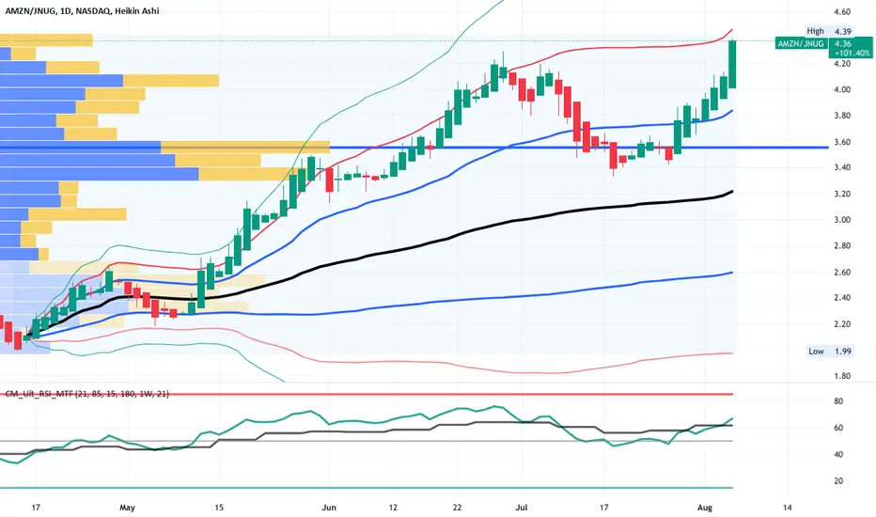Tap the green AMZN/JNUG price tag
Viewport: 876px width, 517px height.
pyautogui.click(x=801, y=43)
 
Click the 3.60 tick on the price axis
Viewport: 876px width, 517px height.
pyautogui.click(x=842, y=142)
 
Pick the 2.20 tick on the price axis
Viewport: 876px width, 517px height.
pyautogui.click(x=842, y=324)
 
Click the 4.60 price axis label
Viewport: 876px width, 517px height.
pyautogui.click(x=842, y=11)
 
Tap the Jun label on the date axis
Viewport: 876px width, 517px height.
pyautogui.click(x=329, y=508)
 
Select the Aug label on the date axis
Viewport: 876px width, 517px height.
pyautogui.click(x=705, y=508)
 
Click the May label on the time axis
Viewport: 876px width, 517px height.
pyautogui.click(x=128, y=508)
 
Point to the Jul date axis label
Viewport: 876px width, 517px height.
pyautogui.click(x=522, y=508)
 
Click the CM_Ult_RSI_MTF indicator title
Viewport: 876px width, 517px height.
pyautogui.click(x=86, y=394)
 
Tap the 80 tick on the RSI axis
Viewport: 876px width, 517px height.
pyautogui.click(x=838, y=401)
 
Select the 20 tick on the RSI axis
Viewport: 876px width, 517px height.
pyautogui.click(x=838, y=481)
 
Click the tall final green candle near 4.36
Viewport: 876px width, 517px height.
pyautogui.click(x=732, y=64)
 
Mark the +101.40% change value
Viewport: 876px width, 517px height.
pyautogui.click(x=852, y=53)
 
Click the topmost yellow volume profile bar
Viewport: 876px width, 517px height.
pyautogui.click(x=46, y=40)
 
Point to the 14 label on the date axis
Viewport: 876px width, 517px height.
pyautogui.click(x=787, y=508)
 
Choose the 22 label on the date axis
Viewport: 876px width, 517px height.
pyautogui.click(x=458, y=508)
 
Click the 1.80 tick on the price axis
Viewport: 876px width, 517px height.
pyautogui.click(x=842, y=376)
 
